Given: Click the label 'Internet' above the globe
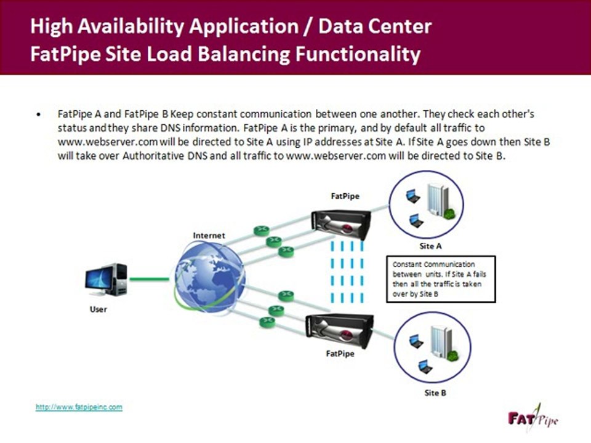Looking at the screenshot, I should (x=209, y=235).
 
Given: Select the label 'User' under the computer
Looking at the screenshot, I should (x=98, y=309).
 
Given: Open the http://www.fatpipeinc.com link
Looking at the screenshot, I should (x=79, y=407).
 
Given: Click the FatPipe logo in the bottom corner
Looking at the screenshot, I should (x=532, y=418).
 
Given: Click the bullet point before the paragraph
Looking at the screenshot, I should (x=39, y=114).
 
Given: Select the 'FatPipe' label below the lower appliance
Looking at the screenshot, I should (x=340, y=354).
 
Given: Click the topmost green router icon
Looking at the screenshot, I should (x=262, y=230).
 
